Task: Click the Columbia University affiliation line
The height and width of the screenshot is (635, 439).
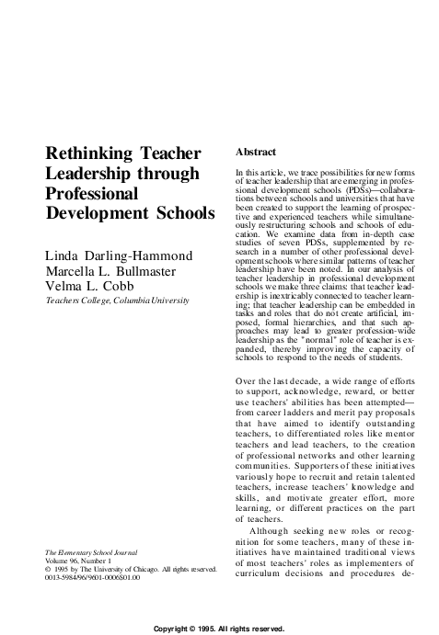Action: click(x=117, y=301)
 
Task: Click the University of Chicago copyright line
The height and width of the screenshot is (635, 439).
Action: click(x=134, y=570)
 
